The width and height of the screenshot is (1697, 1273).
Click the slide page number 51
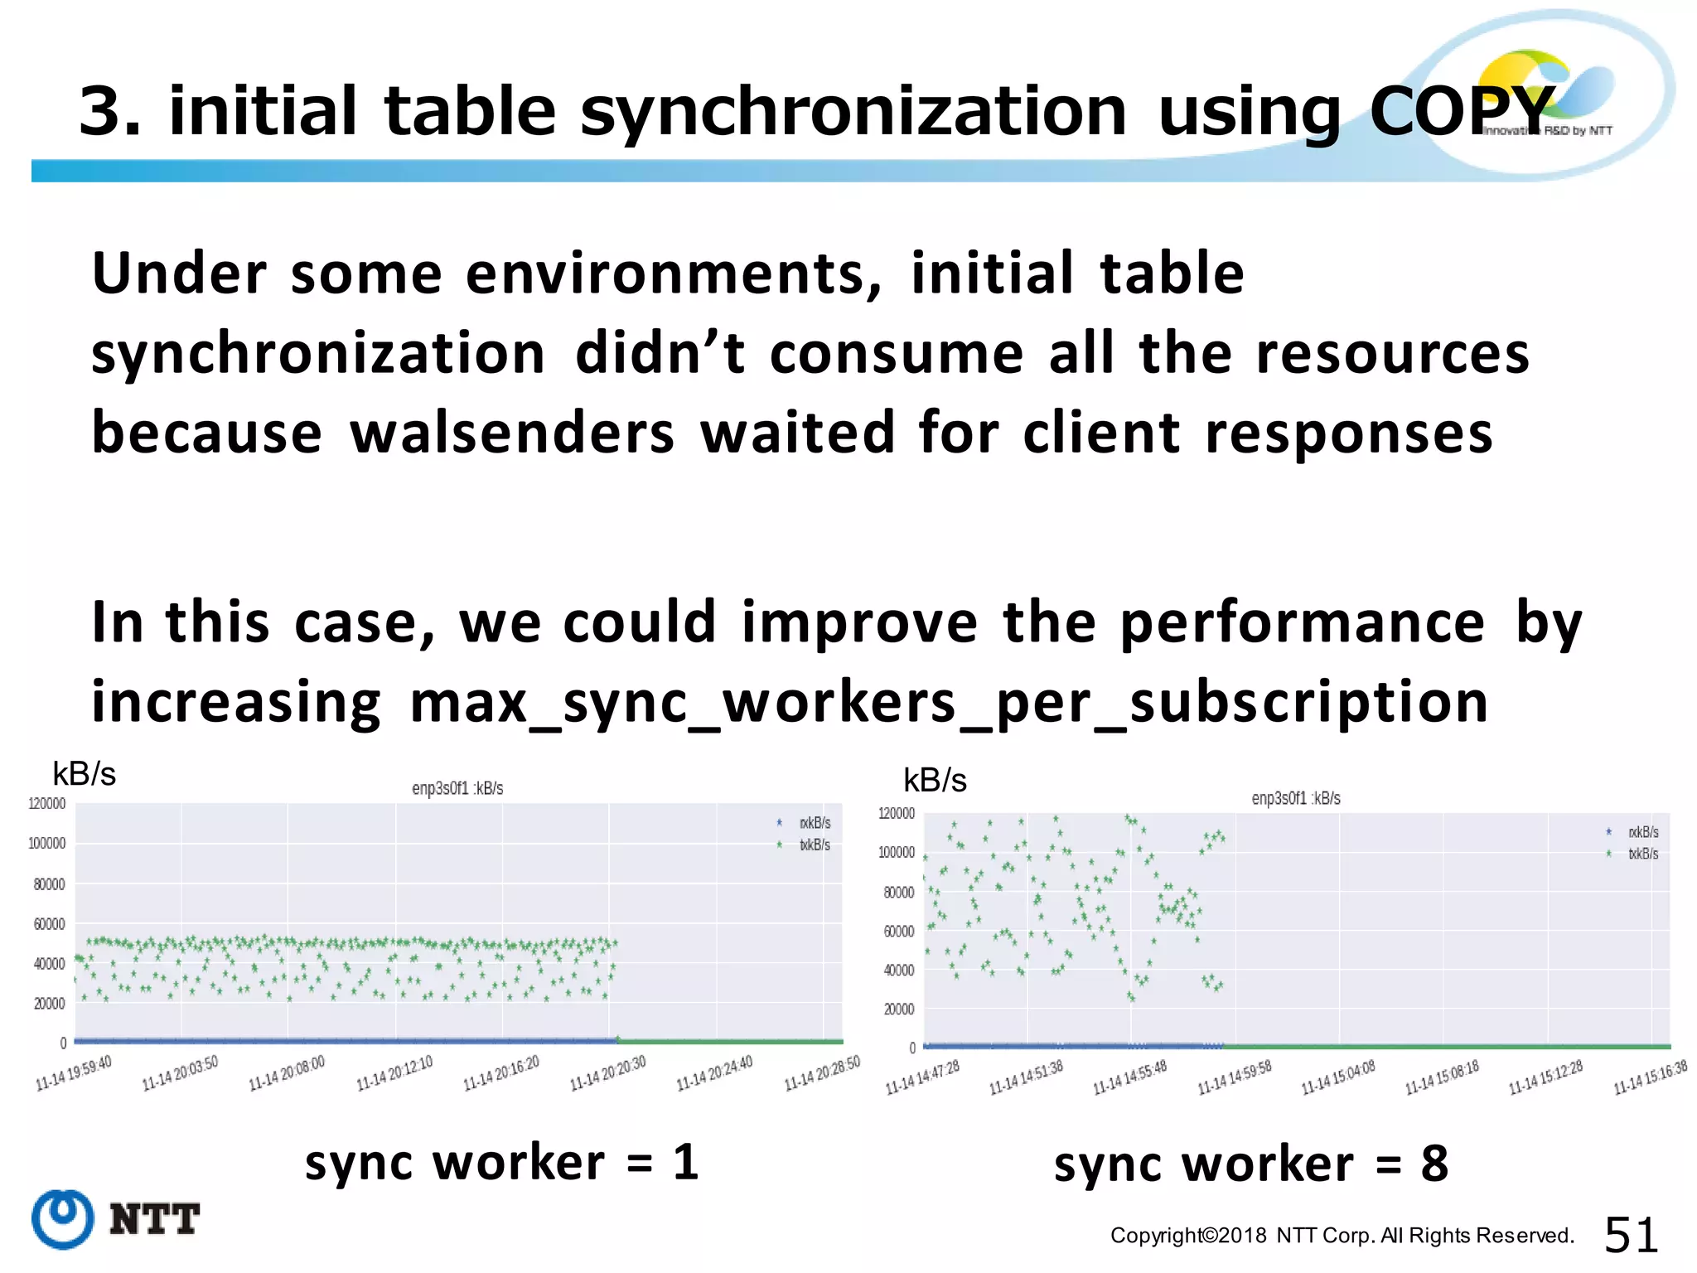point(1630,1235)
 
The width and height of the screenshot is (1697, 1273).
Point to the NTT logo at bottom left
point(116,1219)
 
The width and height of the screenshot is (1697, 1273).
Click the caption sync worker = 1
point(502,1162)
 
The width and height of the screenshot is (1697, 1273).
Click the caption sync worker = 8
point(1250,1164)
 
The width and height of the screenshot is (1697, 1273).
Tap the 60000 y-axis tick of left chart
point(49,924)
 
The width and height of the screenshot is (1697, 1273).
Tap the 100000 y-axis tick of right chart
point(896,853)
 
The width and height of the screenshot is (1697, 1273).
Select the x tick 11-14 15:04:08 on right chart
point(1338,1077)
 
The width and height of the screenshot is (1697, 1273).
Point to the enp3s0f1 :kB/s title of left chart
point(457,788)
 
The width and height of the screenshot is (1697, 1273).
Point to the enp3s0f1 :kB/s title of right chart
point(1295,798)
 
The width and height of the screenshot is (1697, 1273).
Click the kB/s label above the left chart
point(84,774)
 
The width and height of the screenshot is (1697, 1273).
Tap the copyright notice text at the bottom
point(1342,1236)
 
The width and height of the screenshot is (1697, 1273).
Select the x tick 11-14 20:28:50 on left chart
point(822,1073)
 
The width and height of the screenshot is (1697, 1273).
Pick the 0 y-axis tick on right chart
point(911,1048)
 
